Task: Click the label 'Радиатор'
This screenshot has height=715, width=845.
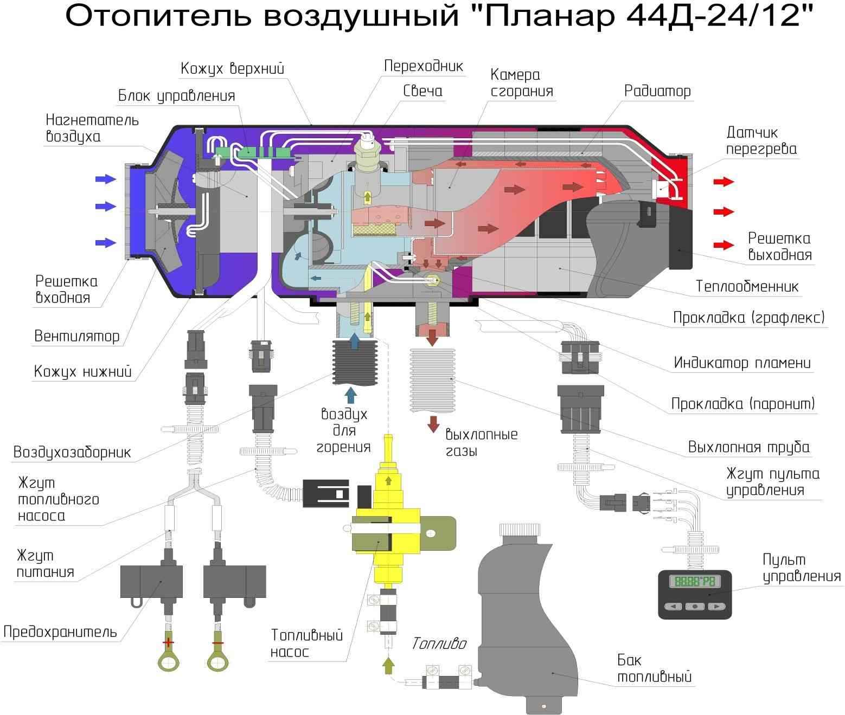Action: [657, 91]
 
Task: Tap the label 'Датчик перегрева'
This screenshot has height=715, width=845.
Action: [761, 140]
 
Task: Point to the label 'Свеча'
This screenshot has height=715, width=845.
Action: [422, 91]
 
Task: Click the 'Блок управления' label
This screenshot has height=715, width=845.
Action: [177, 96]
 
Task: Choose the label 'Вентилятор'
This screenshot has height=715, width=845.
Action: [76, 336]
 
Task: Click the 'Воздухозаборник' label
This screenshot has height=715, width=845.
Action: [72, 452]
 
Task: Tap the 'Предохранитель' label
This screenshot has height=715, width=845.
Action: [60, 632]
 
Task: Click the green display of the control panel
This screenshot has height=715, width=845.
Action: [695, 582]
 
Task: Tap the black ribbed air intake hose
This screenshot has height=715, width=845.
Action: [353, 362]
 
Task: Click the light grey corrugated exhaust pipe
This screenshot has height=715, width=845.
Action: [432, 379]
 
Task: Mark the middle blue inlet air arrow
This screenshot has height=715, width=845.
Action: [106, 206]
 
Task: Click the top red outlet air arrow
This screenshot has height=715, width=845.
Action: [723, 182]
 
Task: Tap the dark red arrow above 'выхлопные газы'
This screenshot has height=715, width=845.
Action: [433, 424]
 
